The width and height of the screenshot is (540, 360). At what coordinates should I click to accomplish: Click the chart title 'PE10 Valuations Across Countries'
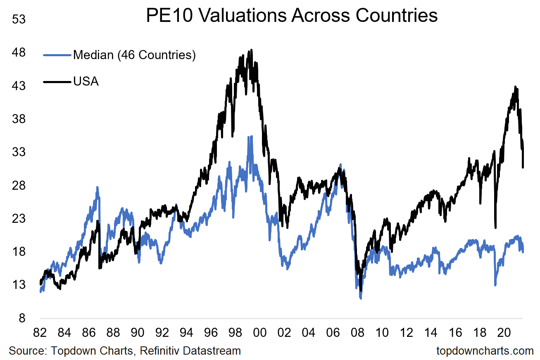coord(292,16)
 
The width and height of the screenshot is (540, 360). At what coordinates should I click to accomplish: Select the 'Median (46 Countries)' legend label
coord(134,55)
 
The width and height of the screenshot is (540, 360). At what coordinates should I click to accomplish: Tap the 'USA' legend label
coord(86,81)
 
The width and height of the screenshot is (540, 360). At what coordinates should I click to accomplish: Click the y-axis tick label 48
coord(20,52)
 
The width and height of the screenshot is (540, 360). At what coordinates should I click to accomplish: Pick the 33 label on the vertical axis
coord(20,152)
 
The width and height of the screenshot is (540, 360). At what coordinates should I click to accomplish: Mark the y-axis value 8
coord(23,318)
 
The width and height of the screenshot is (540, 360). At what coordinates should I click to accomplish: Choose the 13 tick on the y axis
coord(20,285)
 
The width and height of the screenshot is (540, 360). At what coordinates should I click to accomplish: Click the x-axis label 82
coord(40,333)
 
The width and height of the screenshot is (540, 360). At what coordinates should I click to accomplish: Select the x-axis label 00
coord(259,333)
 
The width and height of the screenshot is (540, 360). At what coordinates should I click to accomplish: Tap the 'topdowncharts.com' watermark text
coord(485,351)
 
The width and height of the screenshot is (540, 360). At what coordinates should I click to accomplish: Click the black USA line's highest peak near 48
coord(251,50)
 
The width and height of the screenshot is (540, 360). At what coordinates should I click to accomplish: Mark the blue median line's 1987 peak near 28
coord(98,187)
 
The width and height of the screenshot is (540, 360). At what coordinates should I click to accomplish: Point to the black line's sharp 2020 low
coord(495,227)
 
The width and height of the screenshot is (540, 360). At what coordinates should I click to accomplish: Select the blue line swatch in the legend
coord(57,55)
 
